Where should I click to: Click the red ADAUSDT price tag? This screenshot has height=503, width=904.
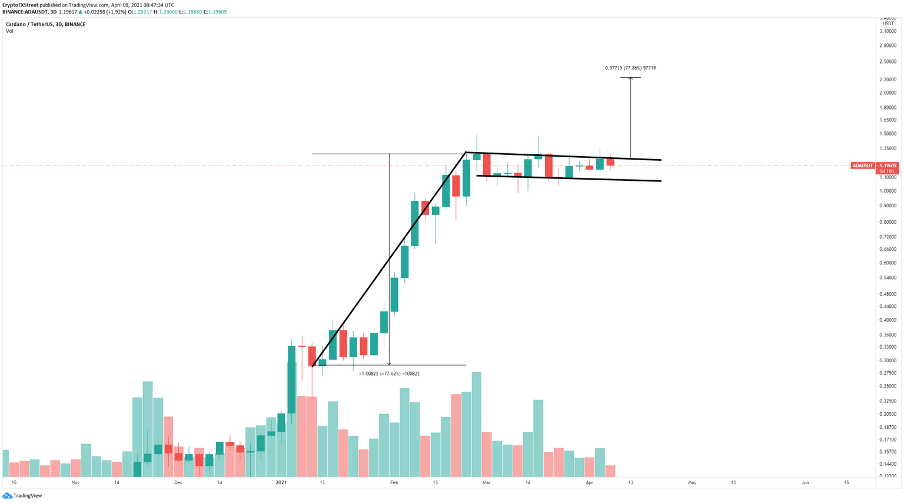[x=862, y=166]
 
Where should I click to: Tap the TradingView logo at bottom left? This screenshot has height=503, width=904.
[x=22, y=496]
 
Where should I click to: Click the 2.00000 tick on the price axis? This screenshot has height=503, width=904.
[x=888, y=93]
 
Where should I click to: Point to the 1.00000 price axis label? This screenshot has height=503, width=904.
[x=888, y=191]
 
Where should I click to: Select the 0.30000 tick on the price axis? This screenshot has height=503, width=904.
[x=888, y=360]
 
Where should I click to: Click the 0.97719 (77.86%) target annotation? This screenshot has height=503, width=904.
[x=630, y=68]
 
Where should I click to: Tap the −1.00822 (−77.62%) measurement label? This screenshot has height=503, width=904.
[x=389, y=374]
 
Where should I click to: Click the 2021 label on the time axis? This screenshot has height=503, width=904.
[x=281, y=483]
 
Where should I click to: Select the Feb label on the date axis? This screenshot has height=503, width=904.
[x=394, y=483]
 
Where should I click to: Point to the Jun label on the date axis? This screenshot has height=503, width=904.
[x=805, y=483]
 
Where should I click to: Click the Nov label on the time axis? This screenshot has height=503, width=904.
[x=75, y=483]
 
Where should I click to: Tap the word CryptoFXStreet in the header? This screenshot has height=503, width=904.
[x=20, y=5]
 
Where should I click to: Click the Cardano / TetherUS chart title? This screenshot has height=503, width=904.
[x=45, y=24]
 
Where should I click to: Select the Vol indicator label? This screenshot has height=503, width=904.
[x=9, y=31]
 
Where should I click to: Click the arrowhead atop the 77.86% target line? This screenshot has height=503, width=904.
[x=630, y=78]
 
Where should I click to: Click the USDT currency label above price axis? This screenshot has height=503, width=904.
[x=888, y=24]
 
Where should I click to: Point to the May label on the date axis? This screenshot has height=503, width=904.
[x=692, y=483]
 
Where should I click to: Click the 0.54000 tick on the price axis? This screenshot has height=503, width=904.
[x=888, y=277]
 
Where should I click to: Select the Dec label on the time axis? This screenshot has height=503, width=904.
[x=178, y=483]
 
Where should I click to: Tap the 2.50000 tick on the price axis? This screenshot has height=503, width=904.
[x=888, y=61]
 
